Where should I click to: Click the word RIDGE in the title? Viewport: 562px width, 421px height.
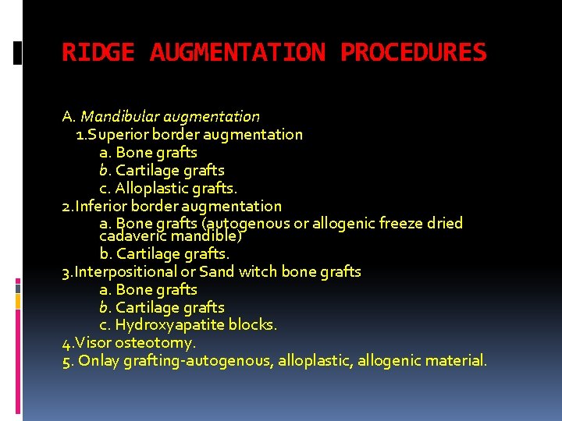tap(98, 53)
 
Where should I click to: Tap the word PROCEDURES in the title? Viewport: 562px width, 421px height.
tap(414, 53)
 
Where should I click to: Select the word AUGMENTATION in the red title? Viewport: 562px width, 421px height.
tap(237, 53)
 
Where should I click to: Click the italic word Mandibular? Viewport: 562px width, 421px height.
tap(117, 117)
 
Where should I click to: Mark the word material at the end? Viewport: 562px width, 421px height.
tap(458, 361)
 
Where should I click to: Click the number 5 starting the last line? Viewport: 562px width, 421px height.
tap(66, 361)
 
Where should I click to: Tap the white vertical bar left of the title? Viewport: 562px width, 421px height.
tap(19, 53)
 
